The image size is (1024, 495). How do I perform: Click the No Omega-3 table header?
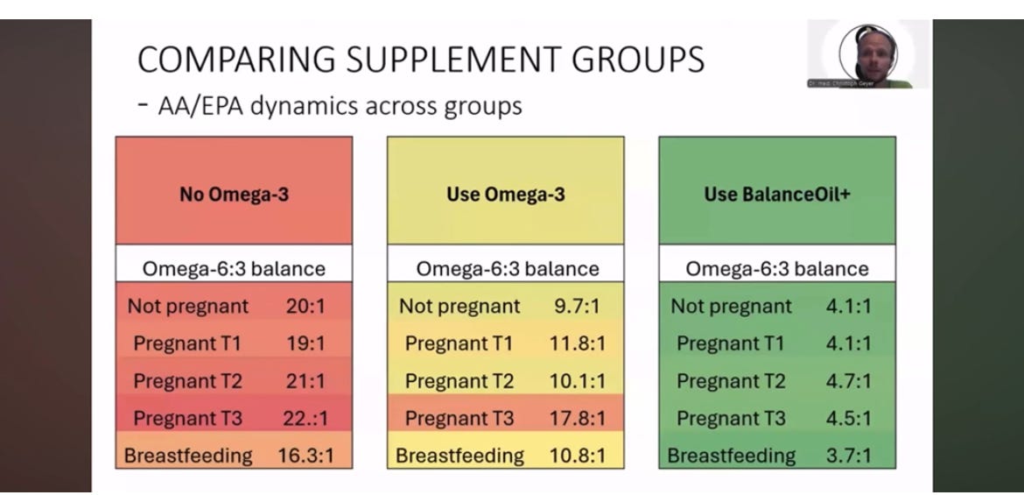[x=234, y=194]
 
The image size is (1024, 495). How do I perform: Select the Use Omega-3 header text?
[x=505, y=194]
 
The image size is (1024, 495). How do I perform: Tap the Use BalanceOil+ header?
[x=777, y=194]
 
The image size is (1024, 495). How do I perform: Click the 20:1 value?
[x=305, y=307]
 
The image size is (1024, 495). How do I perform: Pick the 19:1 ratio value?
[x=305, y=343]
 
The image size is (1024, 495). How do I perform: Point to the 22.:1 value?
[x=305, y=419]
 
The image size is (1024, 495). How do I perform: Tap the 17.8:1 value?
[x=577, y=419]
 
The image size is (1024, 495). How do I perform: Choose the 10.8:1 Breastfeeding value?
[x=577, y=456]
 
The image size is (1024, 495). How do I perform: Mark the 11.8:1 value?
[x=577, y=343]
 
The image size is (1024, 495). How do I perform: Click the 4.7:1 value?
[x=848, y=381]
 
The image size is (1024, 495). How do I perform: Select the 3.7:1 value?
[x=848, y=456]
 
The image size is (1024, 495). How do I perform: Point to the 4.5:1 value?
[x=848, y=419]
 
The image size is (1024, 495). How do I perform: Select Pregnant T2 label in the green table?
[x=731, y=381]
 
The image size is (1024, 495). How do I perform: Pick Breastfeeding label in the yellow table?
[x=459, y=456]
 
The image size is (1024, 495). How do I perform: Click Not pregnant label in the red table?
[x=188, y=307]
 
